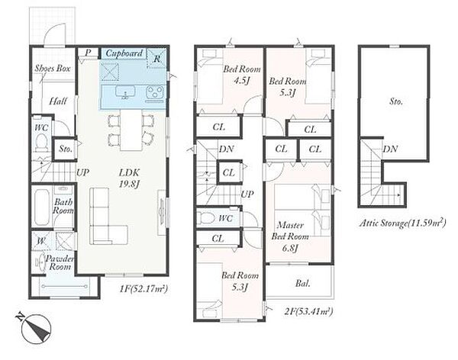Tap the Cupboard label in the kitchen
124,53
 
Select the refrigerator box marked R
156,58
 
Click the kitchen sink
125,92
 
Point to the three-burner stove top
154,92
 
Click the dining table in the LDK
131,130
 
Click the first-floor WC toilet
41,142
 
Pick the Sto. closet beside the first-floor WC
65,149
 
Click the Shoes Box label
53,69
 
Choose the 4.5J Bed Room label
241,75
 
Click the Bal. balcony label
302,283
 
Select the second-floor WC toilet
205,218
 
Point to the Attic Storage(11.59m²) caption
402,223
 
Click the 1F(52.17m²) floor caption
144,289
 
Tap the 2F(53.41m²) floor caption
308,311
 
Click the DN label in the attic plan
390,149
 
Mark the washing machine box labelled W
41,241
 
